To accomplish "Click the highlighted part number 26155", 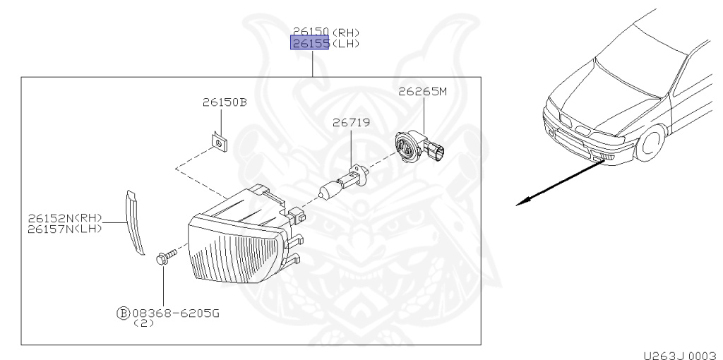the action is tap(310, 44).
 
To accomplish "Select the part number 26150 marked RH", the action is tap(311, 32).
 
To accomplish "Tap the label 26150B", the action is tap(225, 102).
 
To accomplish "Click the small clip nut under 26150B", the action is tap(220, 143).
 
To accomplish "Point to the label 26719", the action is tap(352, 123).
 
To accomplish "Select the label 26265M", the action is tap(423, 92).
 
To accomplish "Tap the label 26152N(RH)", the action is tap(65, 218).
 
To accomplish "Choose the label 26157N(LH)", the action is tap(65, 229).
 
